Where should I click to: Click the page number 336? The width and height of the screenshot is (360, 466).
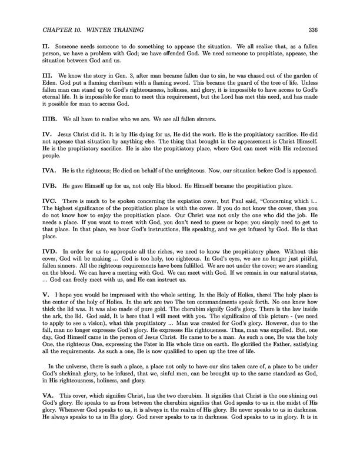(312, 31)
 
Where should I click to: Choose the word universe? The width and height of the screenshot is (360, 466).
(73, 383)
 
